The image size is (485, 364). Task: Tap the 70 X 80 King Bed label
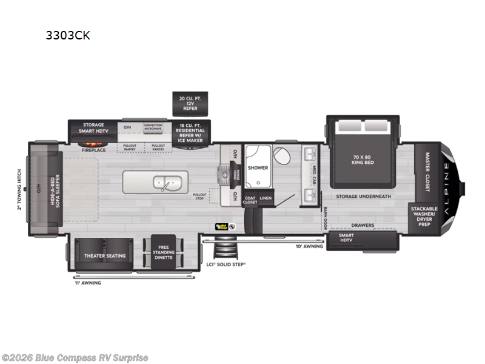[364, 160]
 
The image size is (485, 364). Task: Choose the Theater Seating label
[105, 255]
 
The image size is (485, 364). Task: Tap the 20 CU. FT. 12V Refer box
[190, 103]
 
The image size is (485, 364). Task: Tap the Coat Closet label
[250, 200]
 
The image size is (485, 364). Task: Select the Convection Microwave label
[153, 127]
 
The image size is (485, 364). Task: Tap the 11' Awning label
[89, 283]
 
